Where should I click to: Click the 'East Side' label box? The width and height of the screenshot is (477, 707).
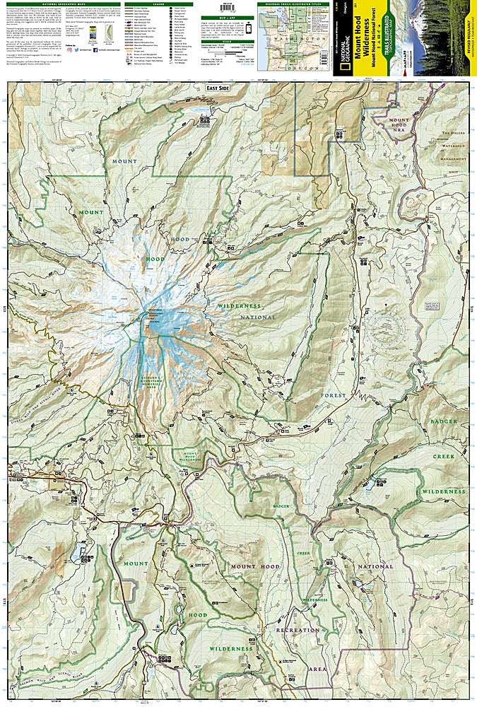218,87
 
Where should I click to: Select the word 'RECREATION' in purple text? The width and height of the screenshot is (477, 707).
299,629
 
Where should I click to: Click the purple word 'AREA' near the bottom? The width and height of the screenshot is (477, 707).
316,667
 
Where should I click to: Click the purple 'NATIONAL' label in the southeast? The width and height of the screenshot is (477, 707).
375,566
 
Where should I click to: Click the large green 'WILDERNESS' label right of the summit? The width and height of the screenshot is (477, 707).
239,306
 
